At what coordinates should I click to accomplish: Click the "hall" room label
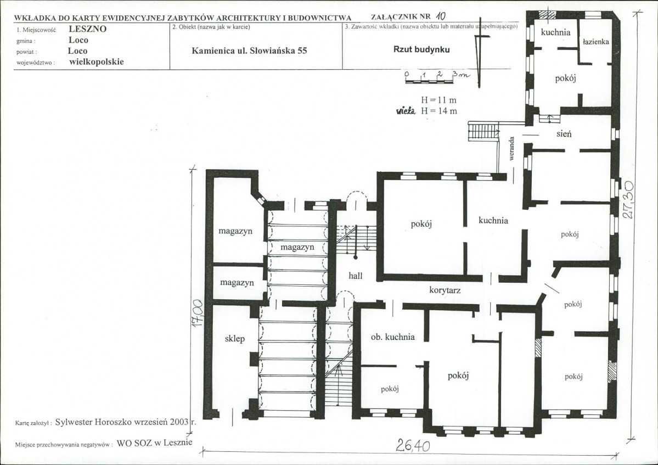(356, 276)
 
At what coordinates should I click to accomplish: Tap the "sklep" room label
(234, 339)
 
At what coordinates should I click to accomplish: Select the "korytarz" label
(445, 290)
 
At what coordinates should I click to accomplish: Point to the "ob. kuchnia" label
(393, 337)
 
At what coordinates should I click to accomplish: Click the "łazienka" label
(596, 42)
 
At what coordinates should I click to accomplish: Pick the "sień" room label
(564, 133)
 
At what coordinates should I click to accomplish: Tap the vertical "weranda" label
(511, 148)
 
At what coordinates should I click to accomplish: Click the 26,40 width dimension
(413, 445)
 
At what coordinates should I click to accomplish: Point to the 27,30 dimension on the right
(628, 200)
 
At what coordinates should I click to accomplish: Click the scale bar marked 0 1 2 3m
(436, 77)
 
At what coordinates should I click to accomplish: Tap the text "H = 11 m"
(438, 100)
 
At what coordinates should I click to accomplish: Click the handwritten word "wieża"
(406, 111)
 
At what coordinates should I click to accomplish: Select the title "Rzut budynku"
(421, 49)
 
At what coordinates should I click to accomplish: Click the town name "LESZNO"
(88, 29)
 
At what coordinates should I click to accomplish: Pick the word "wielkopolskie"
(97, 61)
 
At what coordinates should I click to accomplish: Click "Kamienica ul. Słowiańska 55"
(249, 51)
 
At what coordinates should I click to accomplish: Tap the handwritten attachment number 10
(440, 16)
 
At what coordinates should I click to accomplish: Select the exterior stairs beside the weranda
(483, 131)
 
